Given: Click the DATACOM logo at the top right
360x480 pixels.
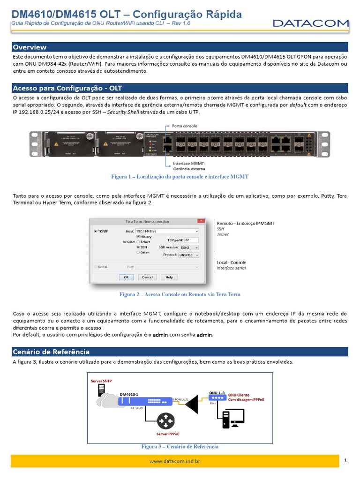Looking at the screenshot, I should coord(311,23).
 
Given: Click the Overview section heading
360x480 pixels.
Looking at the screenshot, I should coord(30,47).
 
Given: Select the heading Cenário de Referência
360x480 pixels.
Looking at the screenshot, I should coord(51,352).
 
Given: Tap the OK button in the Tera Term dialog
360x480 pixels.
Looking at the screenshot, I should coord(126,277).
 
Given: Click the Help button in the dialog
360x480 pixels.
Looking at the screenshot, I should coord(169,277).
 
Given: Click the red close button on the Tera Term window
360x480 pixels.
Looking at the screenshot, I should coord(201,221).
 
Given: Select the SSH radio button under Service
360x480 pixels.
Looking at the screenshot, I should coord(138,247).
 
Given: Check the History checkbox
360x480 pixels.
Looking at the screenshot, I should coord(137,237).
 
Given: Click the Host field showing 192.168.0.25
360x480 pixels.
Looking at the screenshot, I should coord(166,231).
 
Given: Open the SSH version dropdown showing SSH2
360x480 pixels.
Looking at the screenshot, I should coord(188,247).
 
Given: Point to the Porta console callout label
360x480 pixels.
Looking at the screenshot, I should coord(184,126).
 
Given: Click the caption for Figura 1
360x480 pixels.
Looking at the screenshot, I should coord(180,177).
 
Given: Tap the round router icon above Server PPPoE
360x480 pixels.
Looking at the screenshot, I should coord(165,421).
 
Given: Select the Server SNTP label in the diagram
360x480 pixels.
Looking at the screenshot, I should coord(101,381).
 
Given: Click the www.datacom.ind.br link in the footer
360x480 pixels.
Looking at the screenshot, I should coord(174,461).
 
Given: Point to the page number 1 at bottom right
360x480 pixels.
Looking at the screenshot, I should coord(345,461).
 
